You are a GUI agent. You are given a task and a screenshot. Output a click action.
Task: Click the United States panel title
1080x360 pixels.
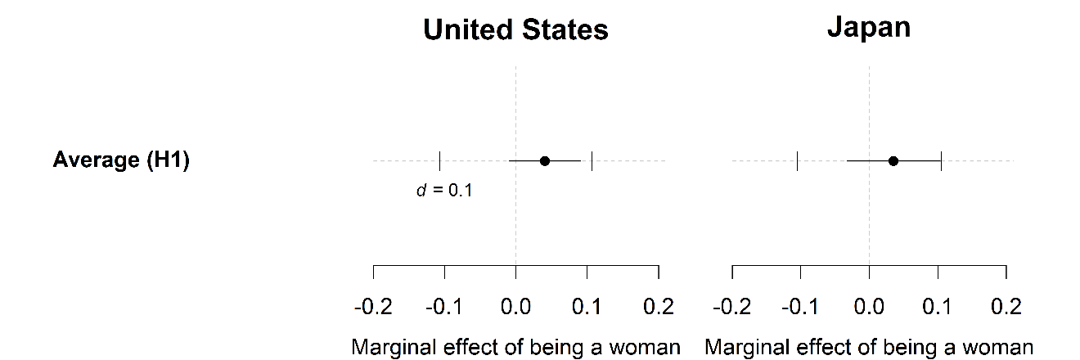(515, 30)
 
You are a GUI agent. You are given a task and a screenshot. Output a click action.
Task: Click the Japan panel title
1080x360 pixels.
(869, 28)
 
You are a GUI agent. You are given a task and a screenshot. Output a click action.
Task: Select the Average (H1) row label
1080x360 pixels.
(121, 160)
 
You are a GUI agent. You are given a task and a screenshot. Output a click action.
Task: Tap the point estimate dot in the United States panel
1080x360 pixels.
(545, 161)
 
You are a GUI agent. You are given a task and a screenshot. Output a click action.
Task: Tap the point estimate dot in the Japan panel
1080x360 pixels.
(893, 161)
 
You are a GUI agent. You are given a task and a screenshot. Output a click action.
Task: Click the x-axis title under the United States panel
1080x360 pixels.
(515, 347)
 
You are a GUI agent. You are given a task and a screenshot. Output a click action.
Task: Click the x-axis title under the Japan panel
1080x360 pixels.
(869, 347)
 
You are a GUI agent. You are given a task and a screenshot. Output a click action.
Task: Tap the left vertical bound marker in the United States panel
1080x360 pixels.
(440, 161)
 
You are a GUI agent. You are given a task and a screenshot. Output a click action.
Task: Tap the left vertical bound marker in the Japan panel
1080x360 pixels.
(797, 161)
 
